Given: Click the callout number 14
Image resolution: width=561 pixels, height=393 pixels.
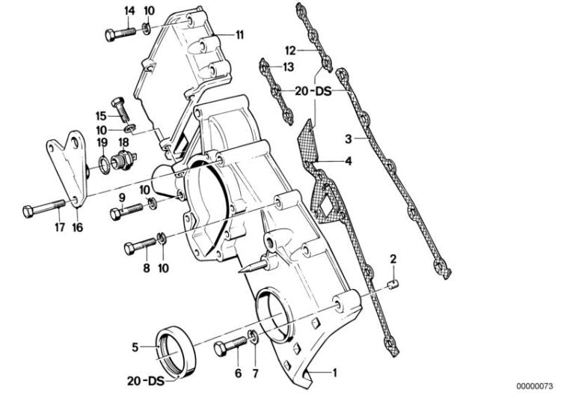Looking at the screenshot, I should coord(130,10).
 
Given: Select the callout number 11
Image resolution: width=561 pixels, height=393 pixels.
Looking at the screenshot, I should coord(240,35).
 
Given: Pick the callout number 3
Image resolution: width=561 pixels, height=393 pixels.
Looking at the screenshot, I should coord(349,139).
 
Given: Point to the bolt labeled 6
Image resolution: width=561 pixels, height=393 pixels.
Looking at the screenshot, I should coord(229,350).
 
